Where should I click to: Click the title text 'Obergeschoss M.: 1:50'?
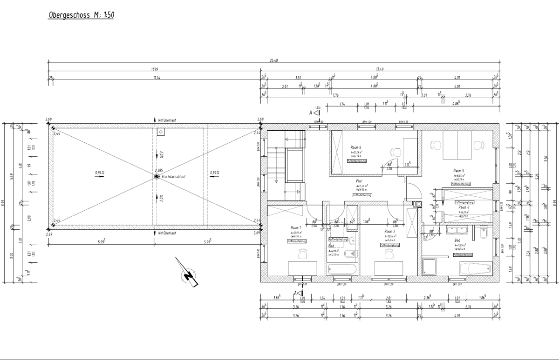tap(82, 15)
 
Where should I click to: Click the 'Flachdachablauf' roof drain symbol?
tap(157, 177)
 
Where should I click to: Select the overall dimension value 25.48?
tap(274, 61)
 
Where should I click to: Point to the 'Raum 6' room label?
tap(356, 147)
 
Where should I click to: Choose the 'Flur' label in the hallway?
tap(359, 181)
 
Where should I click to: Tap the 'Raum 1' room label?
tap(296, 227)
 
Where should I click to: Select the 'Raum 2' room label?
tap(389, 231)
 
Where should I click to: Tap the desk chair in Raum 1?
tap(302, 254)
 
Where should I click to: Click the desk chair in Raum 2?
tap(389, 254)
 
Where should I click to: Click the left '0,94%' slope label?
tap(99, 173)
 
